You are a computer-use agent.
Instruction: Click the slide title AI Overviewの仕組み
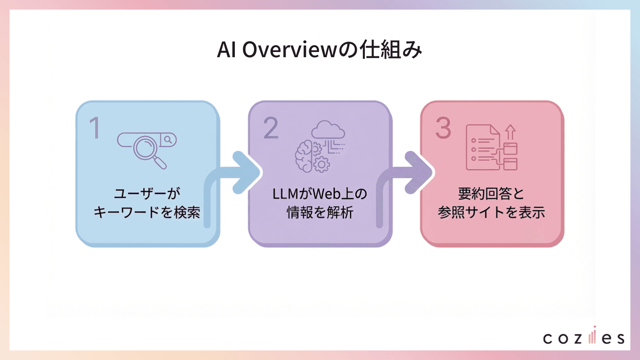[320, 50]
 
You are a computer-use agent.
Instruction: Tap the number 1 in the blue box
[95, 128]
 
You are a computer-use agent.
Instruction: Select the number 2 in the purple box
[271, 128]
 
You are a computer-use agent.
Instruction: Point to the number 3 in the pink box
[443, 128]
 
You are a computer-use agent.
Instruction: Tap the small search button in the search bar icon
[168, 140]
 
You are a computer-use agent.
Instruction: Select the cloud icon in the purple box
[328, 130]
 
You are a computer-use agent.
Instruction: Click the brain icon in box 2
[304, 156]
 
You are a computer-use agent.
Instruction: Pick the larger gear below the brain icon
[322, 164]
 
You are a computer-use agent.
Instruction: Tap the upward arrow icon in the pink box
[510, 132]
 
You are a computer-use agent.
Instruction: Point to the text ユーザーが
[147, 194]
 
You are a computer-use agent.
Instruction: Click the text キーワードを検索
[147, 212]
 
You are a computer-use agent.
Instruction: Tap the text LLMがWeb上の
[320, 194]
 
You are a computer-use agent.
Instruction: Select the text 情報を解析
[320, 212]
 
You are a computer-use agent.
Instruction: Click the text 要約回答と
[491, 194]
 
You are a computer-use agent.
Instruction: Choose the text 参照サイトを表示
[491, 212]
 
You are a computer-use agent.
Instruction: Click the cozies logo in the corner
[584, 337]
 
